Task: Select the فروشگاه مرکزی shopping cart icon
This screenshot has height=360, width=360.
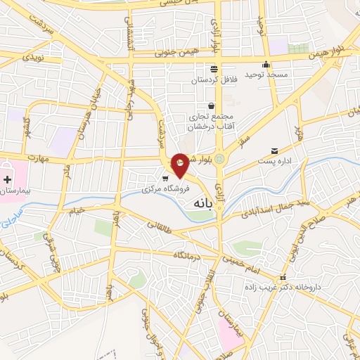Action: [x=165, y=178]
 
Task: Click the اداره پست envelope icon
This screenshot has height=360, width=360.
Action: [x=274, y=151]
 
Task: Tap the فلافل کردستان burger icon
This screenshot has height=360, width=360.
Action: [x=213, y=69]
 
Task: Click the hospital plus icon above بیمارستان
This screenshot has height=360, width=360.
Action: [x=7, y=181]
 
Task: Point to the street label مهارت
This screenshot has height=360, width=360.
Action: [x=34, y=158]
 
